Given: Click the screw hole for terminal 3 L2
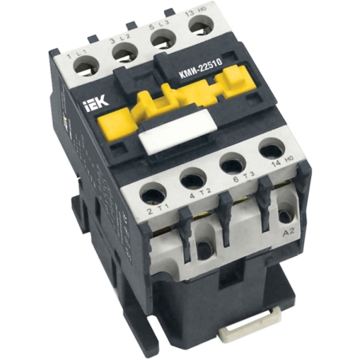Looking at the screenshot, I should point(123,51).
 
